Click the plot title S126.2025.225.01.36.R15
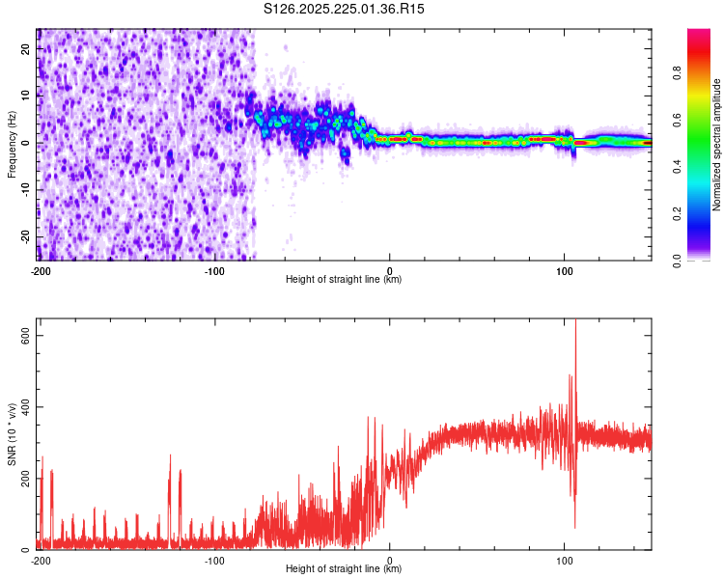345,9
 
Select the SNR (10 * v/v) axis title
12,434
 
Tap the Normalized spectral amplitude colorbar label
717,145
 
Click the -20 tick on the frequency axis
26,236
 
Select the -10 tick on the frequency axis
26,190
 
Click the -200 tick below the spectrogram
41,270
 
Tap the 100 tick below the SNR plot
565,560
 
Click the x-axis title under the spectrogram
345,280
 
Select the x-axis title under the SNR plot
345,569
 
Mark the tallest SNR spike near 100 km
575,322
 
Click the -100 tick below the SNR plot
214,560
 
